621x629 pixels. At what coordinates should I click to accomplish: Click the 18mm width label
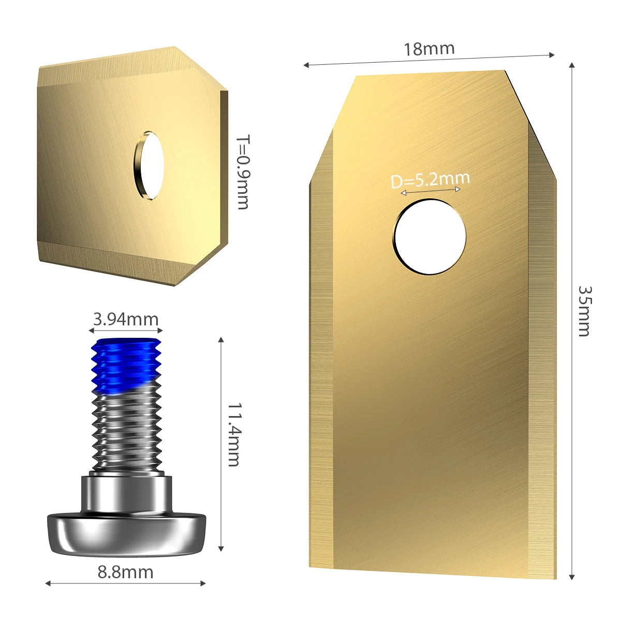tap(429, 49)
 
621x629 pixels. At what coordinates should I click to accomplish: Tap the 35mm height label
tap(584, 311)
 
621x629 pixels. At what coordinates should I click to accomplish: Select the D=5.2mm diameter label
tap(430, 180)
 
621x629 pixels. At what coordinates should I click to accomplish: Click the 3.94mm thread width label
tap(126, 319)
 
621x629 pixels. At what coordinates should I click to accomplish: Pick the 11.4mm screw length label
tap(234, 435)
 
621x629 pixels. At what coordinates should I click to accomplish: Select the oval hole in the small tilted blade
tap(149, 165)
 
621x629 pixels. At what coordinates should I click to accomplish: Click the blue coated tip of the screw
tap(126, 365)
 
